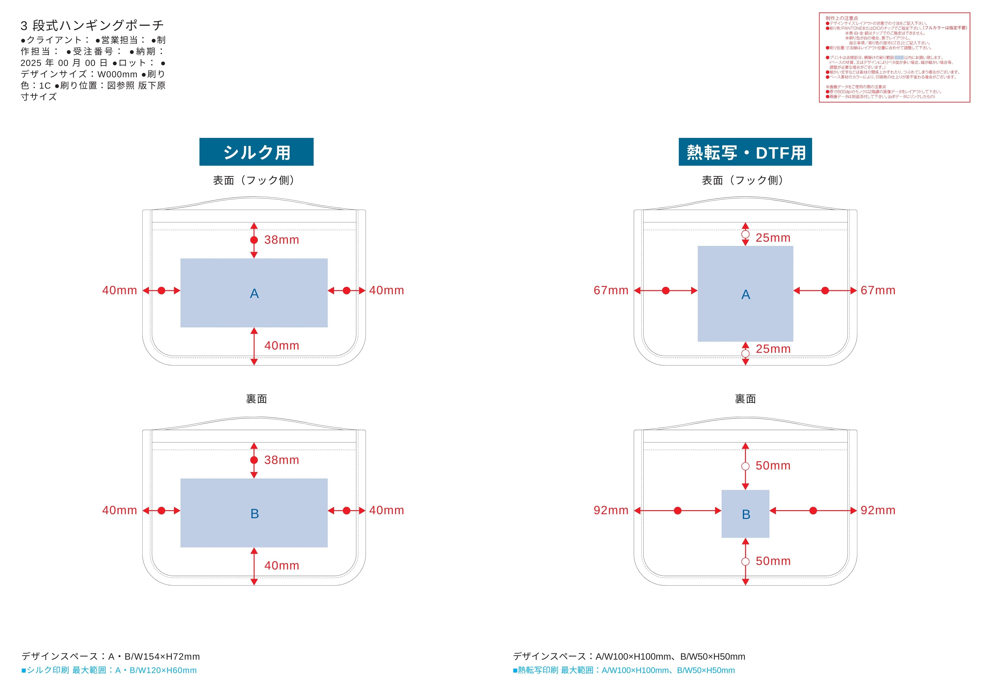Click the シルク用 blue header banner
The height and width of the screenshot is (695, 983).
pyautogui.click(x=256, y=152)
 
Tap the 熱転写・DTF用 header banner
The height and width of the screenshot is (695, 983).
pyautogui.click(x=745, y=152)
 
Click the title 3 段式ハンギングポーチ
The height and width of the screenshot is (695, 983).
pyautogui.click(x=92, y=26)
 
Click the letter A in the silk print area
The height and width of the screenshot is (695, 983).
pyautogui.click(x=254, y=294)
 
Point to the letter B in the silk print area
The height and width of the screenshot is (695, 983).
pyautogui.click(x=254, y=514)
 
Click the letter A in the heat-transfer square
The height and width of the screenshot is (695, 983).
pyautogui.click(x=745, y=295)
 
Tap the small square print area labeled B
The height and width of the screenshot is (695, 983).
pyautogui.click(x=745, y=514)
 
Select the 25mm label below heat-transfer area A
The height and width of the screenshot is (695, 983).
pyautogui.click(x=773, y=349)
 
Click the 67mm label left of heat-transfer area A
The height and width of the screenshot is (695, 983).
pyautogui.click(x=611, y=290)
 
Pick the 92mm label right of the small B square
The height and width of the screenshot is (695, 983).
pyautogui.click(x=878, y=510)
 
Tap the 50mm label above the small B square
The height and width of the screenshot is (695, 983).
pyautogui.click(x=773, y=466)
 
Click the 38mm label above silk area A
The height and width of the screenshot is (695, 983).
pyautogui.click(x=281, y=240)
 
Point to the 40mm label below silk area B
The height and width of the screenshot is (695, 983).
pyautogui.click(x=281, y=566)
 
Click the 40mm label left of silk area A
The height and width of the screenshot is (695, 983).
pyautogui.click(x=119, y=290)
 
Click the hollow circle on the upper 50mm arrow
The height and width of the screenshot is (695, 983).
pyautogui.click(x=745, y=466)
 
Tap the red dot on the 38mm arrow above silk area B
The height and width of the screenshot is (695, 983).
pyautogui.click(x=254, y=460)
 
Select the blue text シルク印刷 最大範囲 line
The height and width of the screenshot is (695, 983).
pyautogui.click(x=109, y=670)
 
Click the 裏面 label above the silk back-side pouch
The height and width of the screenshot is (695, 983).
pyautogui.click(x=256, y=399)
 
